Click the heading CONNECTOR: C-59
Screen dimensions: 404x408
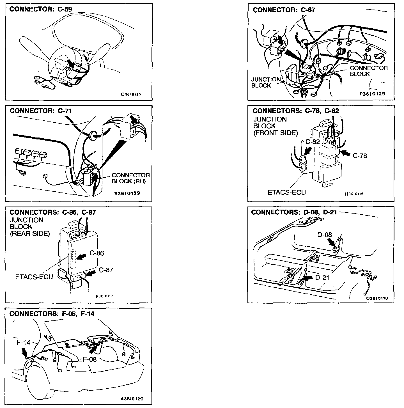click(41, 9)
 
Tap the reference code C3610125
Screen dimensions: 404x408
click(131, 94)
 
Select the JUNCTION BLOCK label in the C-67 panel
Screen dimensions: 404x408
click(265, 82)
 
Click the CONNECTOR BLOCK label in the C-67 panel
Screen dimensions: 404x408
click(368, 71)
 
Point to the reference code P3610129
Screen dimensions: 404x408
click(372, 94)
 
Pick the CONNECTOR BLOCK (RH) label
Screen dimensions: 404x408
click(130, 178)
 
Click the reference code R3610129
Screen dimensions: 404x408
click(127, 193)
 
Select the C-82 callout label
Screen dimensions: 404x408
click(313, 142)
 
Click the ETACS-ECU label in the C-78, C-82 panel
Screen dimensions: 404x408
click(286, 192)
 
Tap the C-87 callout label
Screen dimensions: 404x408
click(106, 270)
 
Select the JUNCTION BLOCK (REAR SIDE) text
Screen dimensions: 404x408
click(29, 227)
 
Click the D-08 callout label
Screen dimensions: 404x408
click(325, 235)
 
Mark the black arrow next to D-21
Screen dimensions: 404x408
click(308, 278)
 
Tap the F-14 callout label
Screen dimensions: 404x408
click(24, 343)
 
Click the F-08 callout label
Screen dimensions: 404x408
click(89, 359)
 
